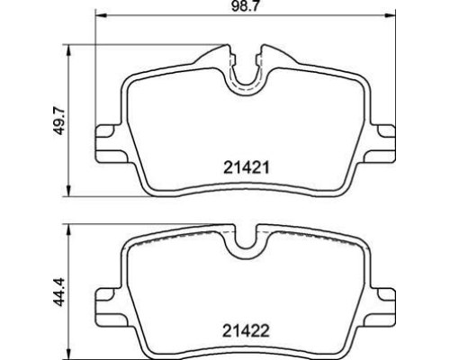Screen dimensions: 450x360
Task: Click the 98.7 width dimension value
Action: click(245, 6)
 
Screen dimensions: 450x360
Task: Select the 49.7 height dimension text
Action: click(59, 121)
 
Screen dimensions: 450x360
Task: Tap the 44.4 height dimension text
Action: click(59, 292)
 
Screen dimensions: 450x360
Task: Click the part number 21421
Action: click(247, 167)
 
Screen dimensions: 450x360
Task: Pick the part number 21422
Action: click(247, 331)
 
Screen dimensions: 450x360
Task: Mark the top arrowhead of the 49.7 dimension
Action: click(69, 50)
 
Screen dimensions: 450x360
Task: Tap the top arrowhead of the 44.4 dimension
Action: click(69, 229)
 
